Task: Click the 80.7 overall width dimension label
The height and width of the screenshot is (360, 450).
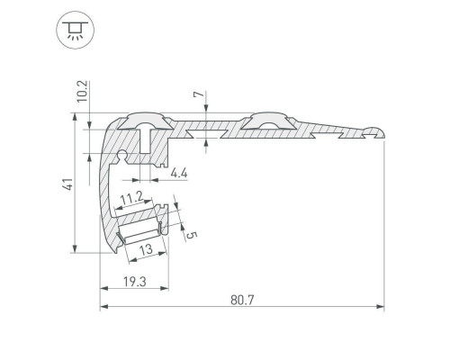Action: pos(242,300)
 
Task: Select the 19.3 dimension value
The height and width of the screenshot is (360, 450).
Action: pos(135,282)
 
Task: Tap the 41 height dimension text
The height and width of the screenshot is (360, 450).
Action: pos(68,184)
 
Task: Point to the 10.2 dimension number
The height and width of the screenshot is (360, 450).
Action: pos(82,91)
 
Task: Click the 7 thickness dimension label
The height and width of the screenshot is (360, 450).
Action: pos(198,94)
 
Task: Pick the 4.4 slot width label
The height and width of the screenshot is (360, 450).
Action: pos(179,173)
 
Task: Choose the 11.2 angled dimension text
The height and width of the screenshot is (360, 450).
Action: pos(131,197)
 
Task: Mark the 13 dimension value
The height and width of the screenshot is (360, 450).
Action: pos(147,249)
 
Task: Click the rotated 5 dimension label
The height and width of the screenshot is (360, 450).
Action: pos(192,235)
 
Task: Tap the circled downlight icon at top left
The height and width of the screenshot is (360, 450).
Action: pos(75,30)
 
